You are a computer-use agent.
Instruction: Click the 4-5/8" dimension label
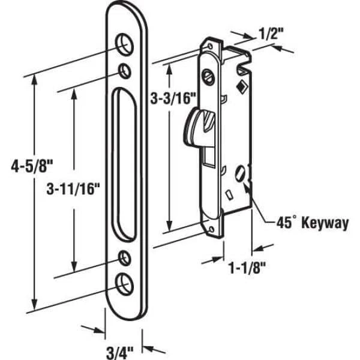tap(32, 166)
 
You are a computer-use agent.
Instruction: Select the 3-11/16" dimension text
tap(73, 189)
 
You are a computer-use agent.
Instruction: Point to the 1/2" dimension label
tap(268, 34)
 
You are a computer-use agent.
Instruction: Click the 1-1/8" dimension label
tap(247, 268)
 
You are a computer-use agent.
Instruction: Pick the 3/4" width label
tap(119, 353)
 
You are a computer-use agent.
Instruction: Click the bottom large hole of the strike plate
tap(124, 284)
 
